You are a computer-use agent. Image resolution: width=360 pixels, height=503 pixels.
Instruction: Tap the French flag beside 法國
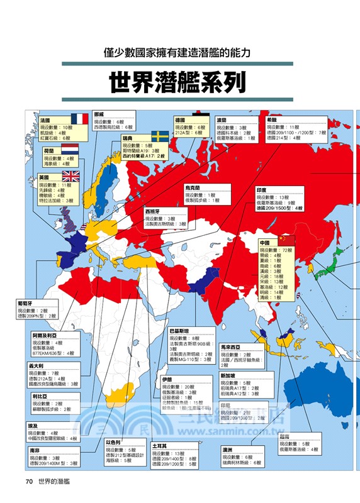click(x=79, y=119)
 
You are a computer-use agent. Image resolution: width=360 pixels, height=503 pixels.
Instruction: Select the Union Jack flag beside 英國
click(x=70, y=177)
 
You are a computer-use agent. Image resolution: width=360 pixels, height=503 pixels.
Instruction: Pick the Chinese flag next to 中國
click(x=286, y=241)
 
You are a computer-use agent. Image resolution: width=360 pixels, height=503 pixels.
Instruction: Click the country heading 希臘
click(x=273, y=119)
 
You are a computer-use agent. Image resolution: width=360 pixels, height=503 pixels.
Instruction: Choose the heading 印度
click(x=263, y=190)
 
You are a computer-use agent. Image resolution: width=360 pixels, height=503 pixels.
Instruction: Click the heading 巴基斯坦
click(x=181, y=330)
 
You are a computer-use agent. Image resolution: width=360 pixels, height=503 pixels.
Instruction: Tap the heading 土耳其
click(x=160, y=446)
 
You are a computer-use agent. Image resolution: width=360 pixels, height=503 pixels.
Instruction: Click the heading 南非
click(x=35, y=451)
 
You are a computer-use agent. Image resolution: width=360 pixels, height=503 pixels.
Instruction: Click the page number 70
click(x=28, y=481)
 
